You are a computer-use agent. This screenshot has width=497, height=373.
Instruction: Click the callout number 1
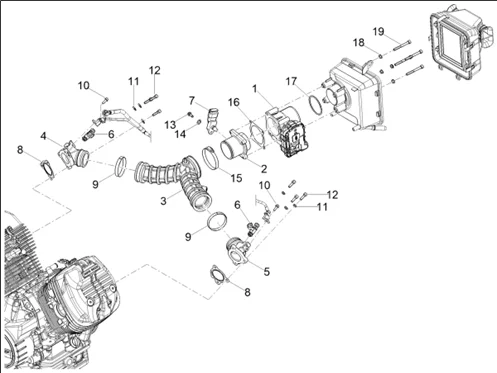tap(255, 89)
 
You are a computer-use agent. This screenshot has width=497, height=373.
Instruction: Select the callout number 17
tap(291, 81)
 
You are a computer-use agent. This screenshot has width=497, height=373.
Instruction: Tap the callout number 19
tap(378, 32)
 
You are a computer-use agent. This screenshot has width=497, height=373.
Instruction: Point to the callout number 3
tap(163, 201)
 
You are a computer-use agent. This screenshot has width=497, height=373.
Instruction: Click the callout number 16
tap(234, 102)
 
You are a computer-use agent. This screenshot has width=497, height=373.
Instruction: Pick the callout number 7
tap(191, 100)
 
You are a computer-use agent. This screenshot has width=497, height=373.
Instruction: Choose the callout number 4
tap(43, 136)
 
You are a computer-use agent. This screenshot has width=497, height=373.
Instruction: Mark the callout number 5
tap(266, 272)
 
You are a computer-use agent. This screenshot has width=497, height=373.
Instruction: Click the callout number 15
tap(236, 178)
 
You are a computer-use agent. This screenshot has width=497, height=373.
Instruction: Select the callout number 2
tap(264, 169)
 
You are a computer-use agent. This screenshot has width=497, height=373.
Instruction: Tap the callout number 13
tap(170, 125)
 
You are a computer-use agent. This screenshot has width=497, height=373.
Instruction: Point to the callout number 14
tap(180, 134)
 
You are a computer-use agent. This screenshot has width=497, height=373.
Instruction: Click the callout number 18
tap(359, 43)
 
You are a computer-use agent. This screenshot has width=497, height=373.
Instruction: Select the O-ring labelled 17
tap(315, 105)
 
